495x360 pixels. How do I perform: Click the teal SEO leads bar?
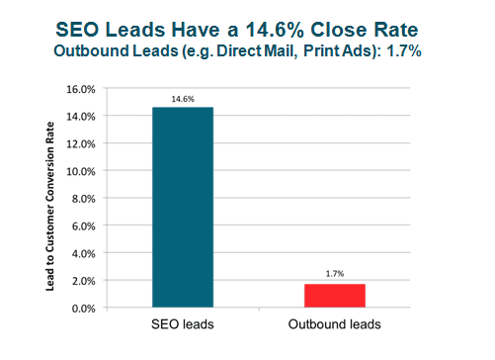click(x=183, y=208)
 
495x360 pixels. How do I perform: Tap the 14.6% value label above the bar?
click(x=183, y=99)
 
